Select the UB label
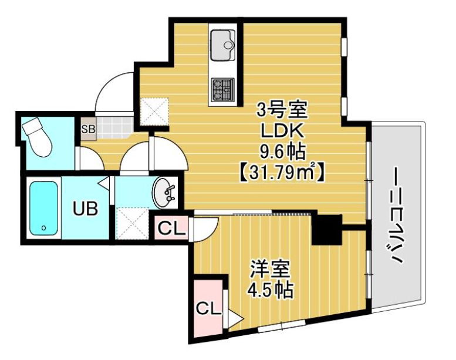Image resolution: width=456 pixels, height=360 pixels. tap(85, 208)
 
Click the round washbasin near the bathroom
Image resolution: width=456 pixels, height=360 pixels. tap(164, 193)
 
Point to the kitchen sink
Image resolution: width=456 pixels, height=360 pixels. tap(222, 41)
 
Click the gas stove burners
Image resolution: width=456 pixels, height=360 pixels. tap(223, 90)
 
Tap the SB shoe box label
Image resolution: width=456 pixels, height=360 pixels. tap(88, 129)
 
